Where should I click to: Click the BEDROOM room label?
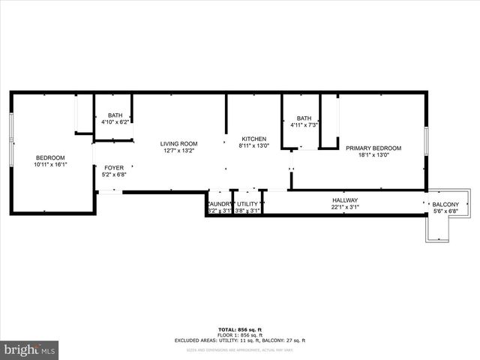point(51,157)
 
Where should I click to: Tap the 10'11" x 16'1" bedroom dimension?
point(51,164)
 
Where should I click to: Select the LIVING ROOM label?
point(178,144)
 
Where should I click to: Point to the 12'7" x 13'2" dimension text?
point(178,151)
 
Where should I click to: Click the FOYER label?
point(114,168)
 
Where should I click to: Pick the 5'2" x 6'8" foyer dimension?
point(114,175)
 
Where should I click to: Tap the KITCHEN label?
point(253,139)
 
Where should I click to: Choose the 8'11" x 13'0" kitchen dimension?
point(253,146)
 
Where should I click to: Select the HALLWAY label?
point(346,200)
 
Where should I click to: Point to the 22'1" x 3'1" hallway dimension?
point(346,207)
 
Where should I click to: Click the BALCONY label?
point(445,205)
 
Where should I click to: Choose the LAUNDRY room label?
point(220,204)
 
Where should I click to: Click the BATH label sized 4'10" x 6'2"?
point(114,115)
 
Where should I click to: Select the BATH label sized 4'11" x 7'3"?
point(304,118)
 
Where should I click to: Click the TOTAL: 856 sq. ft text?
point(241,330)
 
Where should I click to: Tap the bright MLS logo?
point(29,349)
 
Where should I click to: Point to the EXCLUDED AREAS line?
point(241,340)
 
